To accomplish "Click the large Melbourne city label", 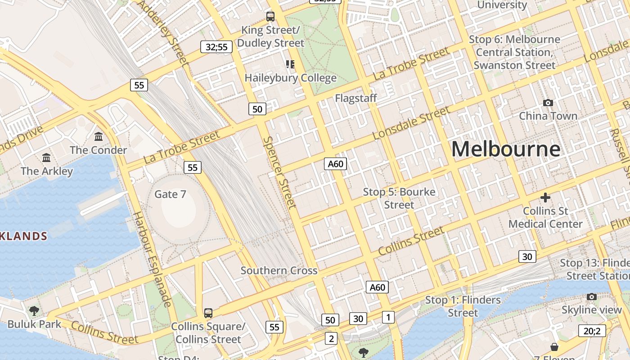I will coord(506,149).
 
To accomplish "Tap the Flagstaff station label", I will coord(355,98).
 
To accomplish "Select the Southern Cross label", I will coord(279,270).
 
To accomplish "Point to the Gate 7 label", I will coord(170,194).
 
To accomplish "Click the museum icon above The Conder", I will coord(99,136).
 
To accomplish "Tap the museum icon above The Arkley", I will coord(46,157).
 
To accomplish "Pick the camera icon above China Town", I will coord(548,103).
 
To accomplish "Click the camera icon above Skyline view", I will coord(591,297).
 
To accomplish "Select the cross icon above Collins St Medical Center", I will coord(545,198).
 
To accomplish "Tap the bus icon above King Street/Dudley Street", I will coord(270,17).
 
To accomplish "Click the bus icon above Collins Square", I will coord(208,313).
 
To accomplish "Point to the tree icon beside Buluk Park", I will coord(34,310).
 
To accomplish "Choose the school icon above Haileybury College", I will coord(290,64).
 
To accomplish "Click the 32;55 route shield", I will coord(216,47).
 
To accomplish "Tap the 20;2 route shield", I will coord(592,331).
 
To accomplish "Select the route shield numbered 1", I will coord(388,317).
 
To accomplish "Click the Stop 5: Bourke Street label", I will coord(399,198).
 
